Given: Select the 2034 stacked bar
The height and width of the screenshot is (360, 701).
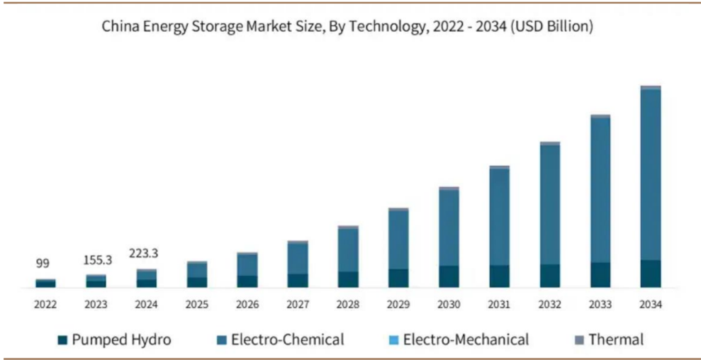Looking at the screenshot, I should pyautogui.click(x=650, y=187).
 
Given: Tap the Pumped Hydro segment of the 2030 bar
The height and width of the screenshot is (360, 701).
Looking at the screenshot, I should pyautogui.click(x=449, y=276).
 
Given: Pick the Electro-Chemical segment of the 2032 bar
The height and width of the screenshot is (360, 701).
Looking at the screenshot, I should pyautogui.click(x=549, y=204).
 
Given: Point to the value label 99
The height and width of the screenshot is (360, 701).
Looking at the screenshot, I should pyautogui.click(x=43, y=264).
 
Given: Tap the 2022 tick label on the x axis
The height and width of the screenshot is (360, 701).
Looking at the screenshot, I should pyautogui.click(x=45, y=305).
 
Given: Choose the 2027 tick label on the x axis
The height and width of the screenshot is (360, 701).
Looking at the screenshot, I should pyautogui.click(x=297, y=305).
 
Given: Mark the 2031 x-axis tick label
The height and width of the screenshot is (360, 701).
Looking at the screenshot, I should pyautogui.click(x=499, y=305).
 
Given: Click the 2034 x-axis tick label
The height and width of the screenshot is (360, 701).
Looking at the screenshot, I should pyautogui.click(x=650, y=305).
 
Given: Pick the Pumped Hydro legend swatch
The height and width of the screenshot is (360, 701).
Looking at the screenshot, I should pyautogui.click(x=62, y=340).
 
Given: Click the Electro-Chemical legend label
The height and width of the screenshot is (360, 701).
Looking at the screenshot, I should pyautogui.click(x=287, y=339).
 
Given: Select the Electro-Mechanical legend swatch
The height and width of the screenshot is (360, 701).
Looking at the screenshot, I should pyautogui.click(x=394, y=340).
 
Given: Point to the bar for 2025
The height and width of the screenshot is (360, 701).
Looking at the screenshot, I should pyautogui.click(x=196, y=274).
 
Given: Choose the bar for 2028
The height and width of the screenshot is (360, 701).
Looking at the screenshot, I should pyautogui.click(x=347, y=257).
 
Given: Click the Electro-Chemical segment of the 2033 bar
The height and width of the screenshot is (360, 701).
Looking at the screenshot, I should pyautogui.click(x=600, y=189).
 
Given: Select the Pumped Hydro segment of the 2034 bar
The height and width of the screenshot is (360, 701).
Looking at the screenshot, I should pyautogui.click(x=650, y=274).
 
